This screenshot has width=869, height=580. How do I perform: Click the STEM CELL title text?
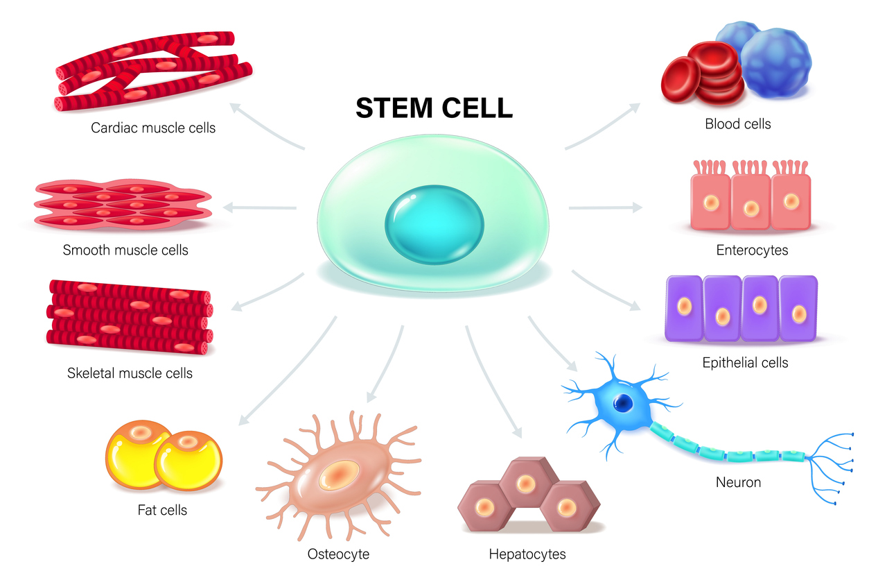tap(434, 108)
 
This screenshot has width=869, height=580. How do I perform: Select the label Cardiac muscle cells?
tap(153, 128)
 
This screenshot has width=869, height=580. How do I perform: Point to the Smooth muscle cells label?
tap(125, 250)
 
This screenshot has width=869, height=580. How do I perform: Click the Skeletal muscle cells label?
tap(130, 373)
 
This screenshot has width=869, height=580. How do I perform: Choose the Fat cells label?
tap(162, 511)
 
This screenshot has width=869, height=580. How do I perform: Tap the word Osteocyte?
tap(338, 554)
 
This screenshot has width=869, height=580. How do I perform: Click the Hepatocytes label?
tap(527, 554)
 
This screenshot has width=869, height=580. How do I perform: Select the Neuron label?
tap(738, 481)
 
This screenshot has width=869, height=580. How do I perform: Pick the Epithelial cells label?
tap(745, 362)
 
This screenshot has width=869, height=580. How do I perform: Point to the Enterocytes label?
tap(752, 250)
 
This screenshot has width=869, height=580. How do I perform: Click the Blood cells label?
tap(738, 124)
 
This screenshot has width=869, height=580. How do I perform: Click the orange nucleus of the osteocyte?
tap(337, 475)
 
